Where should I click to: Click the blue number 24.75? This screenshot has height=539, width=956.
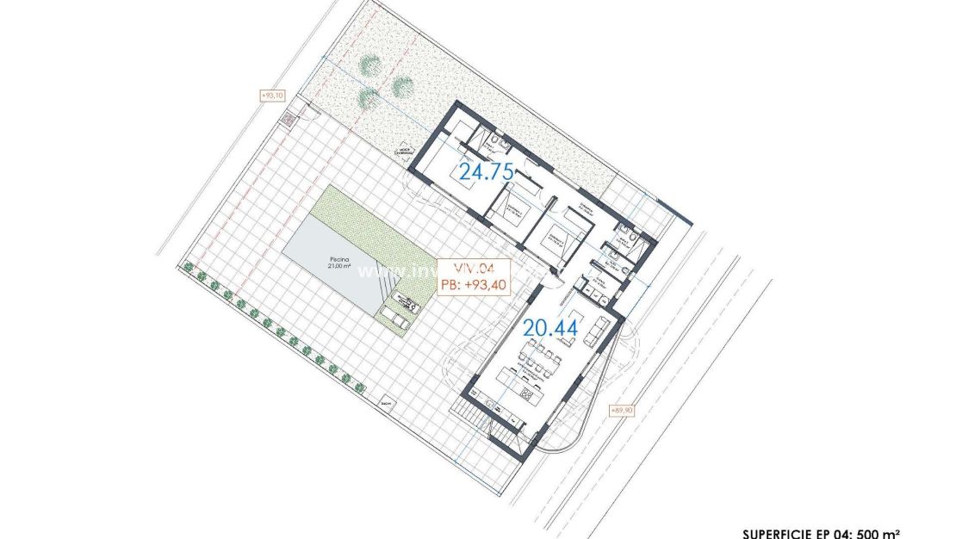click(x=486, y=170)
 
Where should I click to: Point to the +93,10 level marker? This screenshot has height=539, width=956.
click(x=271, y=96)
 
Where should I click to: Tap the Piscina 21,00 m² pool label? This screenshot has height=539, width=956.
click(x=338, y=262)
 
